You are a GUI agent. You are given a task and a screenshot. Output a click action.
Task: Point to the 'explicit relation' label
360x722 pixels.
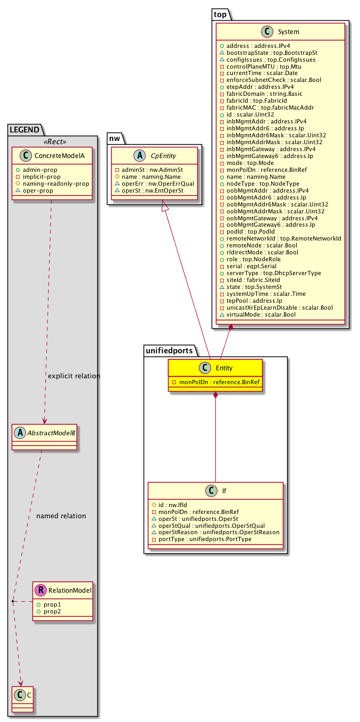click(74, 376)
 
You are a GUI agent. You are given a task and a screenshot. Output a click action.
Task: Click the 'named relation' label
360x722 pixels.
click(61, 516)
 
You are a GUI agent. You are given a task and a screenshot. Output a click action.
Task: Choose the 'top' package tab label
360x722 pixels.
click(220, 14)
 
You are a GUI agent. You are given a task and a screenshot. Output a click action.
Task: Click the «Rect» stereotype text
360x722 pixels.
click(52, 142)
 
